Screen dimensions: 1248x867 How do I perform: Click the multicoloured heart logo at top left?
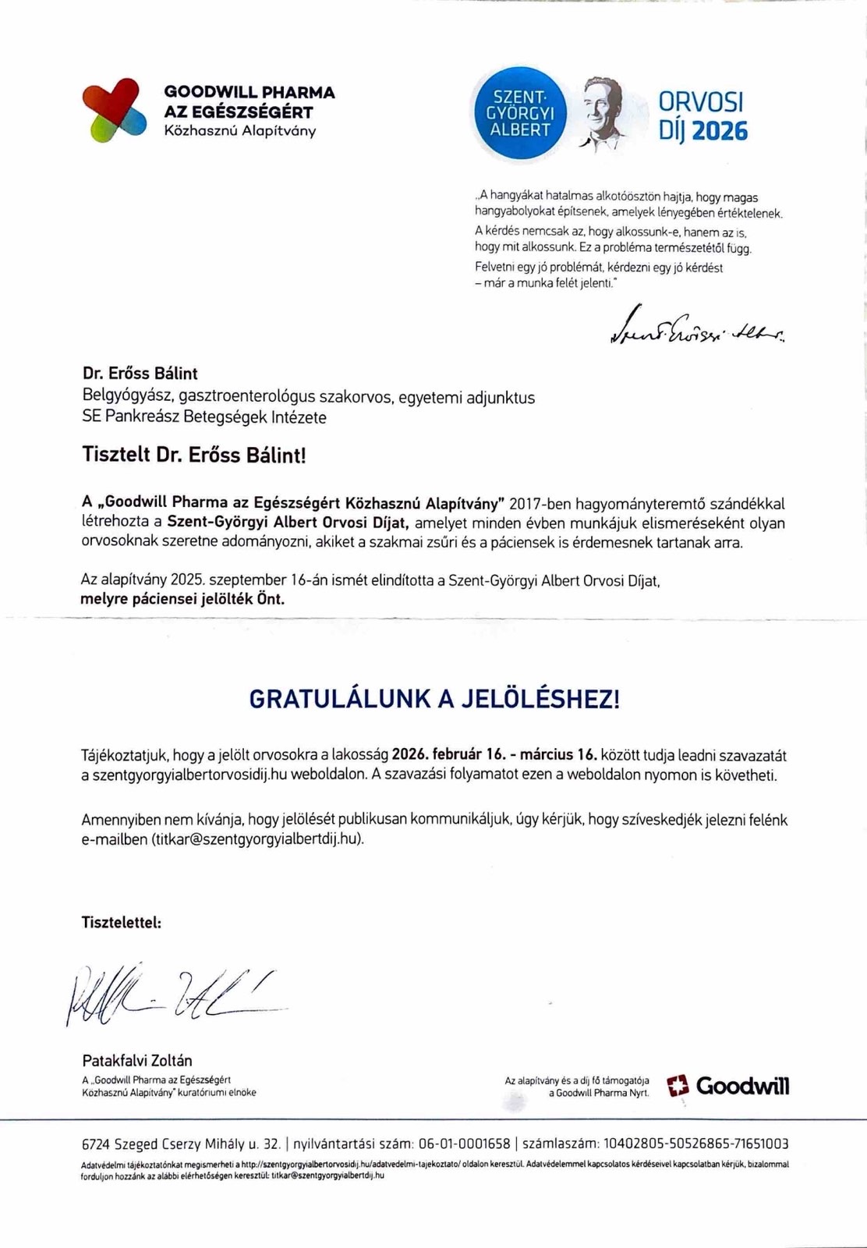click(114, 110)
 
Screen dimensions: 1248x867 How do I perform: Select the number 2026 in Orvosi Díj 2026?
click(720, 130)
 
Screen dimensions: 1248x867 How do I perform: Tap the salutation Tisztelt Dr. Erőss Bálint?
click(194, 455)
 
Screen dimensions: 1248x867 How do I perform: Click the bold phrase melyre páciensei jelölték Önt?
click(182, 600)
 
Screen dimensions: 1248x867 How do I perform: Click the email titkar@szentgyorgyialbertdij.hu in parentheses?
click(257, 839)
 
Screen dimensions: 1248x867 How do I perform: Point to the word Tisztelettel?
click(122, 922)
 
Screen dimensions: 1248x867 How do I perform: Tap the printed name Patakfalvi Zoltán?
click(137, 1061)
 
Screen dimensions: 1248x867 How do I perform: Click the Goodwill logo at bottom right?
click(728, 1086)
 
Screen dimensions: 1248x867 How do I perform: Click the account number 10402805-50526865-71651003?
click(694, 1144)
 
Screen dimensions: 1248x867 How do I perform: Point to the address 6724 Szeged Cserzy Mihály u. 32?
click(181, 1144)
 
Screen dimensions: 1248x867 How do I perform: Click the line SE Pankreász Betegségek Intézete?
click(204, 417)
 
